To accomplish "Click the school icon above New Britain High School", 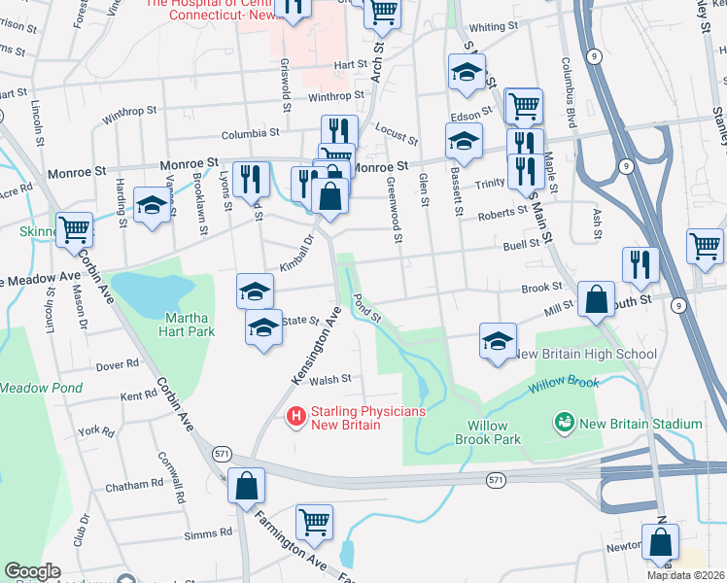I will tap(498, 341).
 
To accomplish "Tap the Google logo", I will tap(32, 571).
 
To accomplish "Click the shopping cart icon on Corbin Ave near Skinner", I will tap(74, 230).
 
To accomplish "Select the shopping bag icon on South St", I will tap(595, 300).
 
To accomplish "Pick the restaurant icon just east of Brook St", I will tap(640, 263).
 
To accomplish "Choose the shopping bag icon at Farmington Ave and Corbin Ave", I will tap(246, 485).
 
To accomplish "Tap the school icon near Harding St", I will tap(152, 205).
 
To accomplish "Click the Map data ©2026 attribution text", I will tap(684, 575).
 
